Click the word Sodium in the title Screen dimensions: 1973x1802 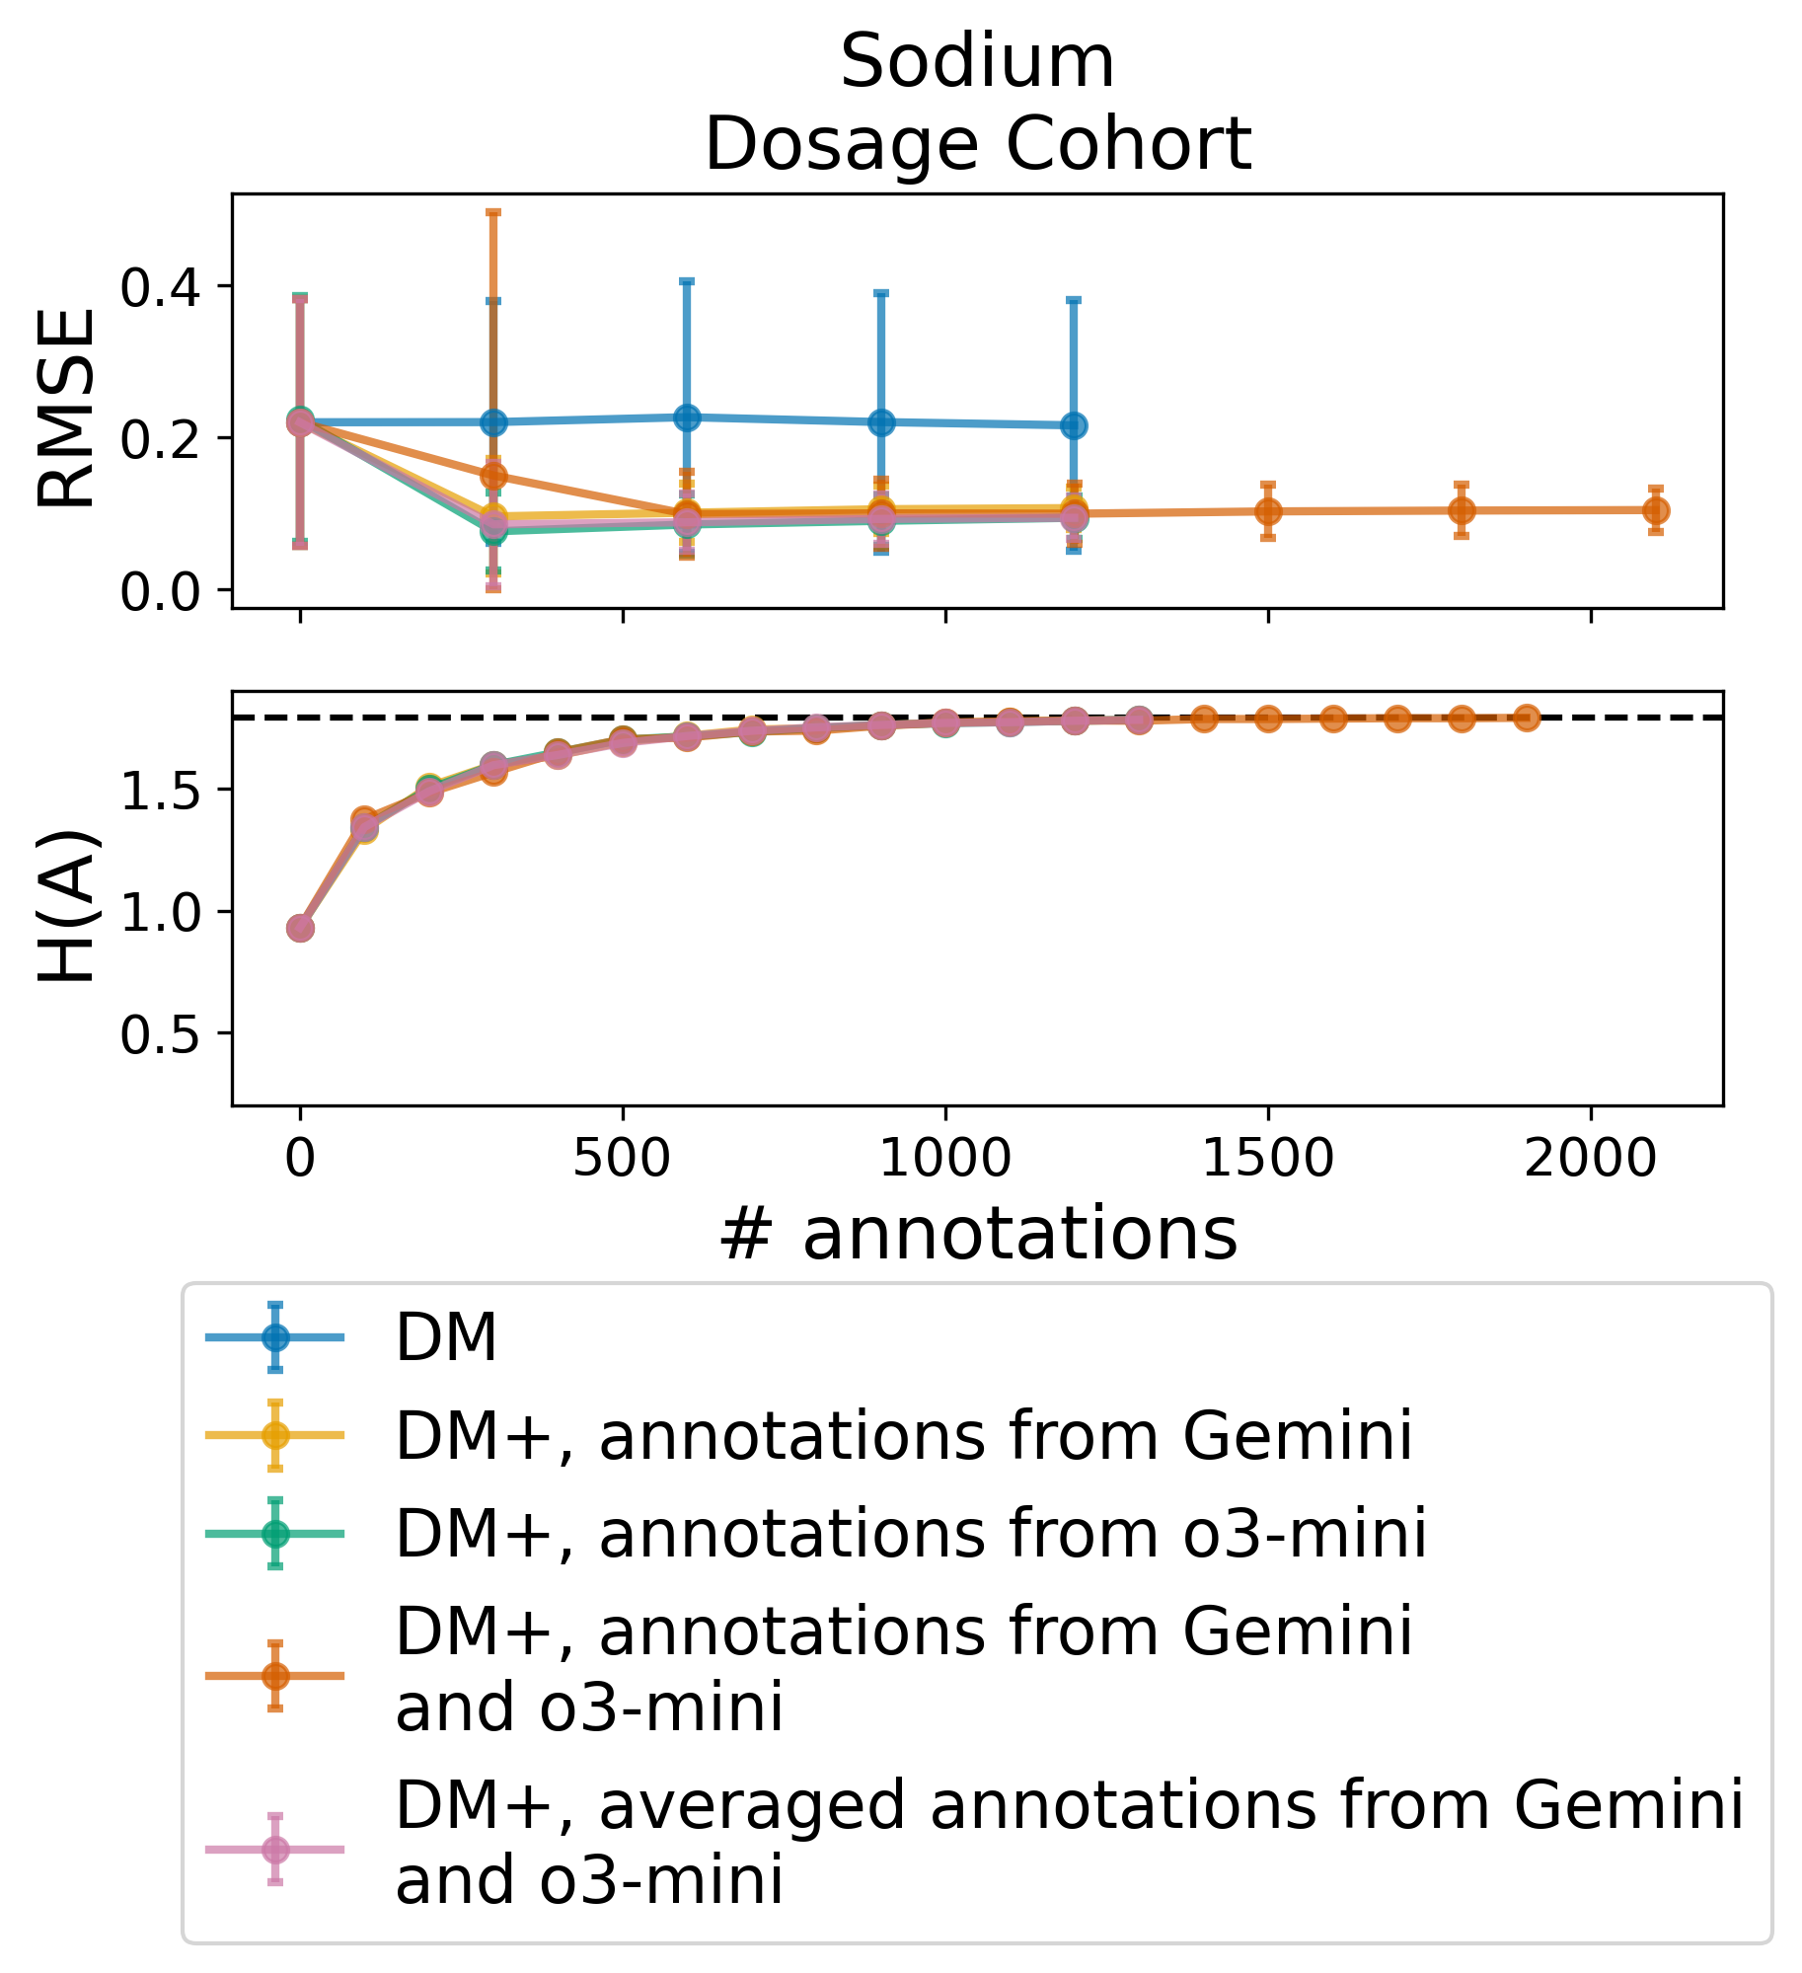tap(977, 61)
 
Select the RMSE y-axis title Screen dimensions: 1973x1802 tap(67, 409)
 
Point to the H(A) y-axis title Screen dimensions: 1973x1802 tap(67, 906)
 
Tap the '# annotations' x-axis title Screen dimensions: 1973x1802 tap(977, 1235)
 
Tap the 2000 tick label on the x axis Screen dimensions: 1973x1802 tap(1590, 1158)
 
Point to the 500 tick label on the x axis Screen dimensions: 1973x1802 tap(623, 1158)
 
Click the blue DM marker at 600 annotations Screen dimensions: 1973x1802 tap(688, 417)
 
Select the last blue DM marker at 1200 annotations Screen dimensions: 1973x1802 tap(1074, 425)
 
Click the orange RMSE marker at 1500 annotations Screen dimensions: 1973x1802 tap(1268, 511)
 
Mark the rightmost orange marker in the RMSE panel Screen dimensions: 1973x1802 tap(1656, 510)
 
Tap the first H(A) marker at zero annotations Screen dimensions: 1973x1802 tap(300, 928)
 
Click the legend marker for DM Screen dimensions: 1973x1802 tap(275, 1337)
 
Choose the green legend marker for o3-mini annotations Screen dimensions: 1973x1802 tap(275, 1533)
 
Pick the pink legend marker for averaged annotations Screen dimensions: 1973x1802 tap(275, 1849)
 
